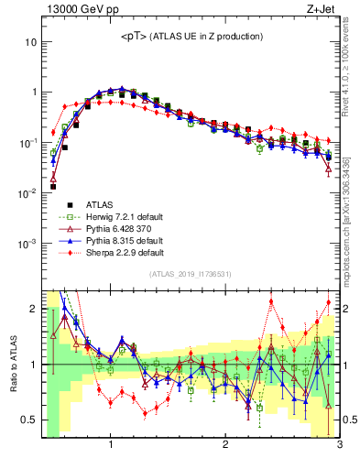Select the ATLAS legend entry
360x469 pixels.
(102, 204)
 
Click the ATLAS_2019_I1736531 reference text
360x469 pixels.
(191, 274)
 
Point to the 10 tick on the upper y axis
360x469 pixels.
(30, 42)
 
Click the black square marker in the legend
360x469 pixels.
(69, 204)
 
